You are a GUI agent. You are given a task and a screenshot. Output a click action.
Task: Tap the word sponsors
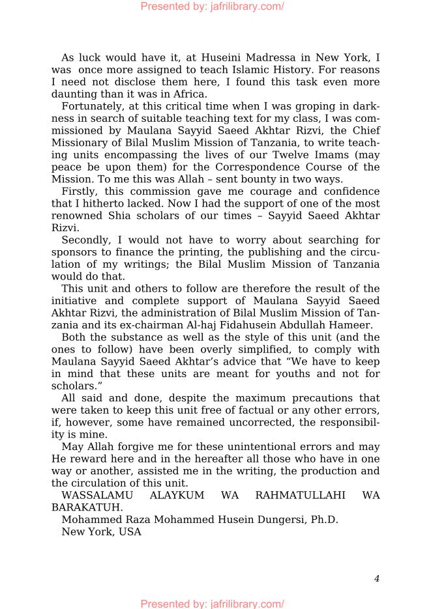[73, 251]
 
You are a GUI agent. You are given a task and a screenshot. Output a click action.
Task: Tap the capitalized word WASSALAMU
[95, 495]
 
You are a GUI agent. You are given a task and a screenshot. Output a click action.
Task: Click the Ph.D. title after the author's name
[322, 519]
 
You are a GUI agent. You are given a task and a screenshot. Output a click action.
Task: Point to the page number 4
[376, 578]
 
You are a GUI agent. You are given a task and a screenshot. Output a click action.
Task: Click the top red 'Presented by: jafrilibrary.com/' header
[213, 7]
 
